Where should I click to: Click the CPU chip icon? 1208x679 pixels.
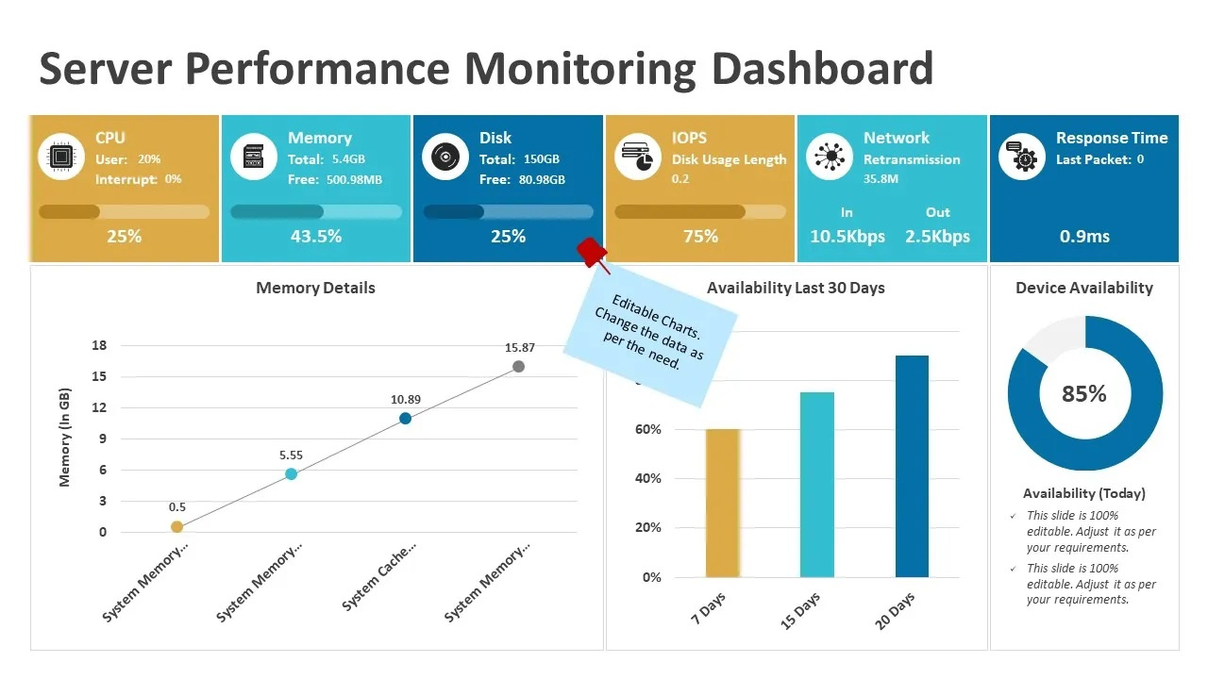[62, 157]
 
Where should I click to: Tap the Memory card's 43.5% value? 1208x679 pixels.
[316, 236]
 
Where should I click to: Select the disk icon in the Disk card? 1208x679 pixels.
[445, 157]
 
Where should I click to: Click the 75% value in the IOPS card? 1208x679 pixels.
[700, 236]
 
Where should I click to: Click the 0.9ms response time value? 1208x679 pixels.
[1084, 236]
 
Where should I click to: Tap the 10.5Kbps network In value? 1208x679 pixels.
[847, 236]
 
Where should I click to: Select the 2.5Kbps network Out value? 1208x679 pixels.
[937, 236]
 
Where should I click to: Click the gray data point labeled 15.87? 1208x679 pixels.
[518, 366]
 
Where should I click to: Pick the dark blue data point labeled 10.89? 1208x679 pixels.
[405, 418]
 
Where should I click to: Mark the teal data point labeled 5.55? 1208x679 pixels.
[291, 473]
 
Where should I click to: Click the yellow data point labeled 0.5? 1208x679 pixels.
[176, 526]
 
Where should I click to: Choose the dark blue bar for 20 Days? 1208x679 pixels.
[912, 466]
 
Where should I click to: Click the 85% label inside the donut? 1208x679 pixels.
[1083, 393]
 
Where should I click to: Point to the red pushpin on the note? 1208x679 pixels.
[592, 252]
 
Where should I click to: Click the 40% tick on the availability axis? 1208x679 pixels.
[650, 479]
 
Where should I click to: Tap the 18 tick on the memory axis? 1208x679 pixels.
[99, 345]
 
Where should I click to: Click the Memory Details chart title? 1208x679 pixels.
[315, 288]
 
